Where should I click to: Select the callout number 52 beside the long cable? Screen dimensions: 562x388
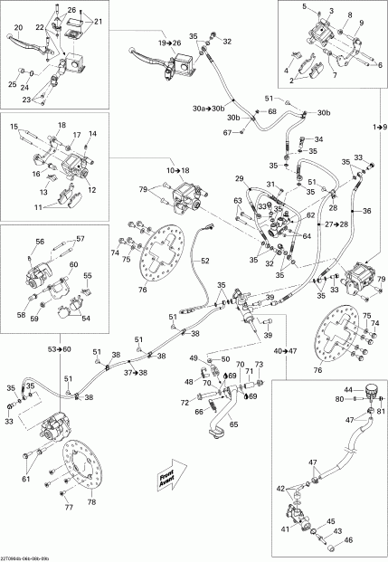point(205,261)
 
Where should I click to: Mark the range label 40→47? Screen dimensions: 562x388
point(284,349)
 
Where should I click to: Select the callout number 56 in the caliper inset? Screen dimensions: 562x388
point(41,242)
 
